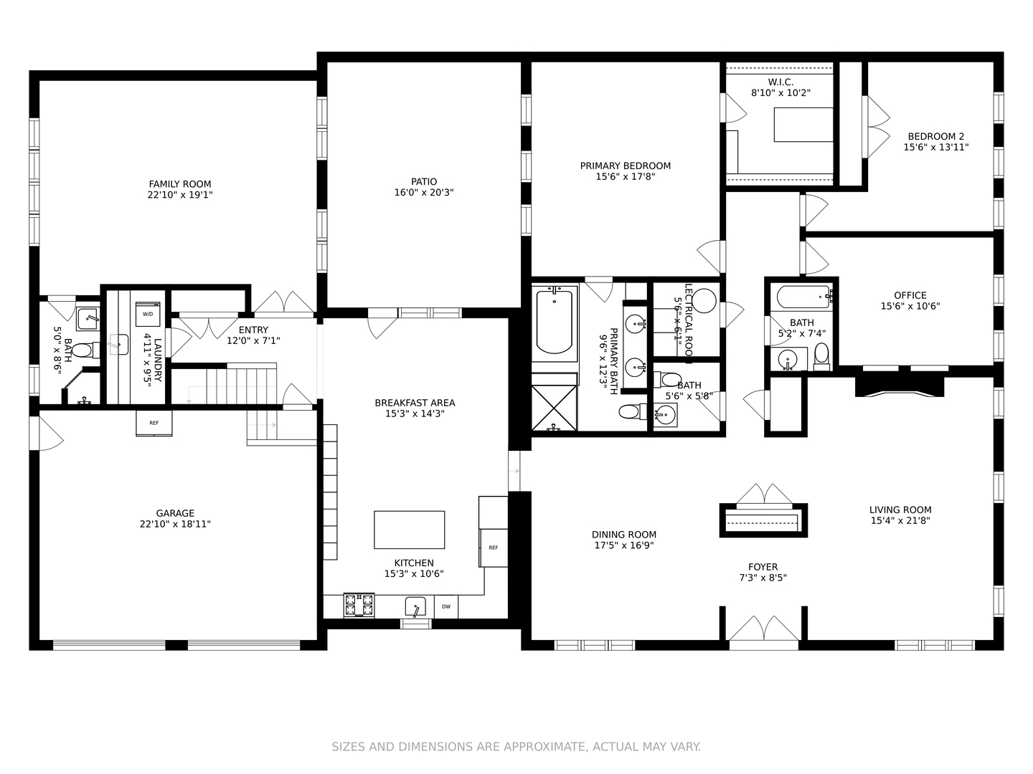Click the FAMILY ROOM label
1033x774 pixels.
[x=180, y=184]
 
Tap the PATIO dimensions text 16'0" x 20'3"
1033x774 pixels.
[x=424, y=193]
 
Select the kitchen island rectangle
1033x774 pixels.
[x=409, y=530]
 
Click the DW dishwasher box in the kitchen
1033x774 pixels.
[x=446, y=607]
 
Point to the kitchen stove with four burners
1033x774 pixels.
[x=359, y=606]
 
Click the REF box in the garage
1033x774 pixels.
[x=154, y=423]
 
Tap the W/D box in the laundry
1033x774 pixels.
[x=148, y=315]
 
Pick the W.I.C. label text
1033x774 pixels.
[x=780, y=82]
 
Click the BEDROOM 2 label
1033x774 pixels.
[x=936, y=136]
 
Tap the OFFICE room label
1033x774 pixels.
[x=910, y=295]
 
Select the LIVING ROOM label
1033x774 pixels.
[x=900, y=510]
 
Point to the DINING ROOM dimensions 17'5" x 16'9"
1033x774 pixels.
[x=624, y=545]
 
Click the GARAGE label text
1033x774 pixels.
[x=176, y=513]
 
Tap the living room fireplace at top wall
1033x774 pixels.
[x=899, y=386]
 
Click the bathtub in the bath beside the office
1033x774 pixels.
[x=803, y=296]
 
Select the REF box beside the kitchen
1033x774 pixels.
[x=494, y=547]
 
